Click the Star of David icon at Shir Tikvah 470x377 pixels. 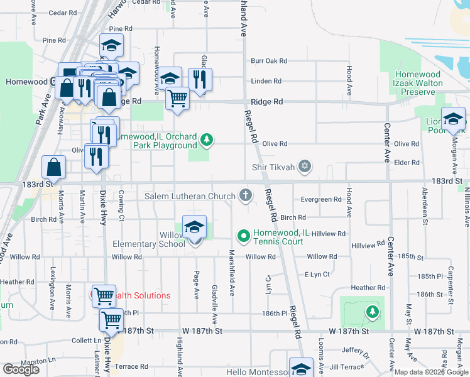(x=305, y=166)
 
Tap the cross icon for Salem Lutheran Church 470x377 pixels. (x=246, y=197)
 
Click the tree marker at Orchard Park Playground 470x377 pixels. (x=207, y=139)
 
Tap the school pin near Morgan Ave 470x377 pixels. (x=453, y=119)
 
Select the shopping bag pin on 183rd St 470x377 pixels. (x=54, y=168)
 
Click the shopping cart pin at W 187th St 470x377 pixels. (x=111, y=320)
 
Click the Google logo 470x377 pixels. (x=21, y=369)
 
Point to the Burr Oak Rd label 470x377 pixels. (x=269, y=61)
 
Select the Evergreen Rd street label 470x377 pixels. (x=321, y=199)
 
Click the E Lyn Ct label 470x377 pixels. (x=317, y=275)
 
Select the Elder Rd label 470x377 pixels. (x=406, y=163)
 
